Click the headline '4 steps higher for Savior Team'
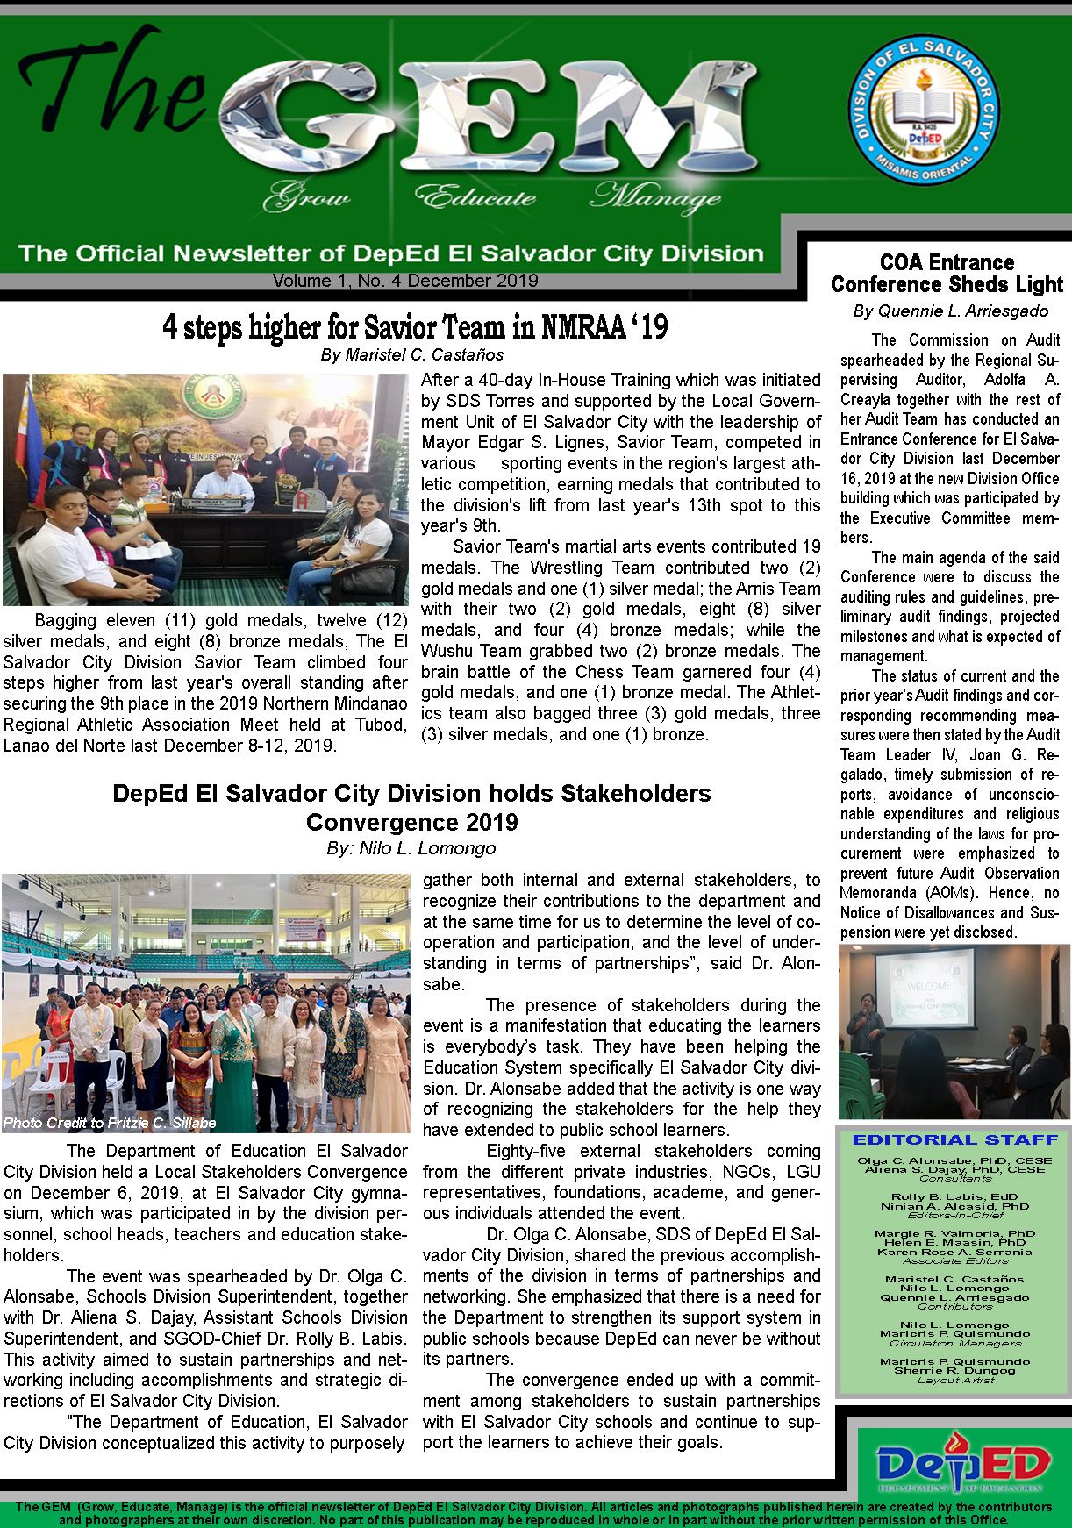click(x=414, y=327)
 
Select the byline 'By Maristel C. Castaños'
click(x=411, y=355)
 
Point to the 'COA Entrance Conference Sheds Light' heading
click(x=947, y=273)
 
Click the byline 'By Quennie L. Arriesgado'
click(x=950, y=311)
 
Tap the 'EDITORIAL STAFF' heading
click(x=955, y=1139)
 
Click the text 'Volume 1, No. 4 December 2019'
click(x=405, y=281)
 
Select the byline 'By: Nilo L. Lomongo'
click(x=411, y=848)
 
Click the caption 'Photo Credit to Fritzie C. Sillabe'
click(x=110, y=1123)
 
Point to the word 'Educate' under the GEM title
click(x=475, y=196)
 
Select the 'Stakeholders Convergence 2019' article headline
click(x=411, y=807)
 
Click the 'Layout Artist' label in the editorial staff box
click(x=955, y=1380)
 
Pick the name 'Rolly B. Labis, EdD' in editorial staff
click(x=955, y=1196)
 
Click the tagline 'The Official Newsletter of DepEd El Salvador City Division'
click(x=390, y=253)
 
